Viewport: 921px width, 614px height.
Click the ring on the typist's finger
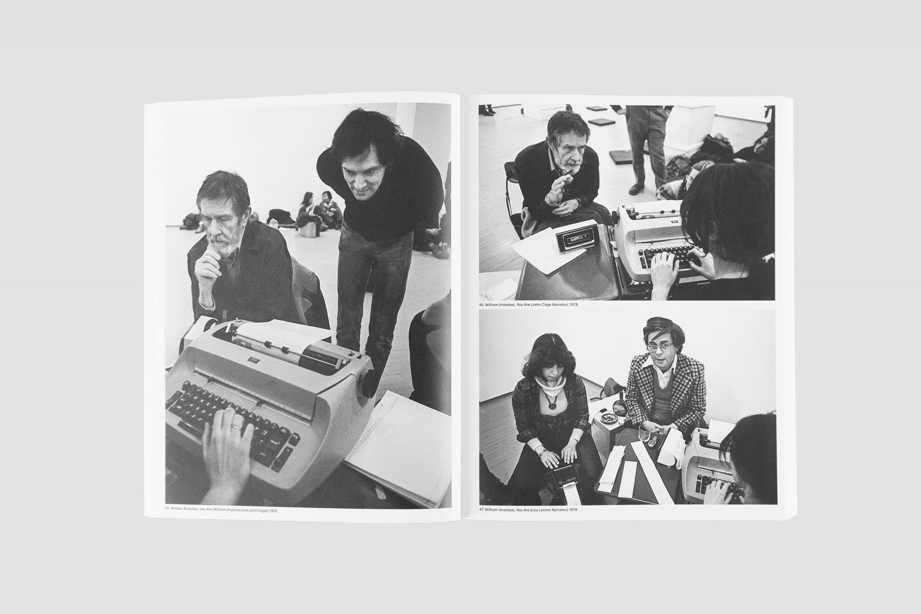point(236,427)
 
